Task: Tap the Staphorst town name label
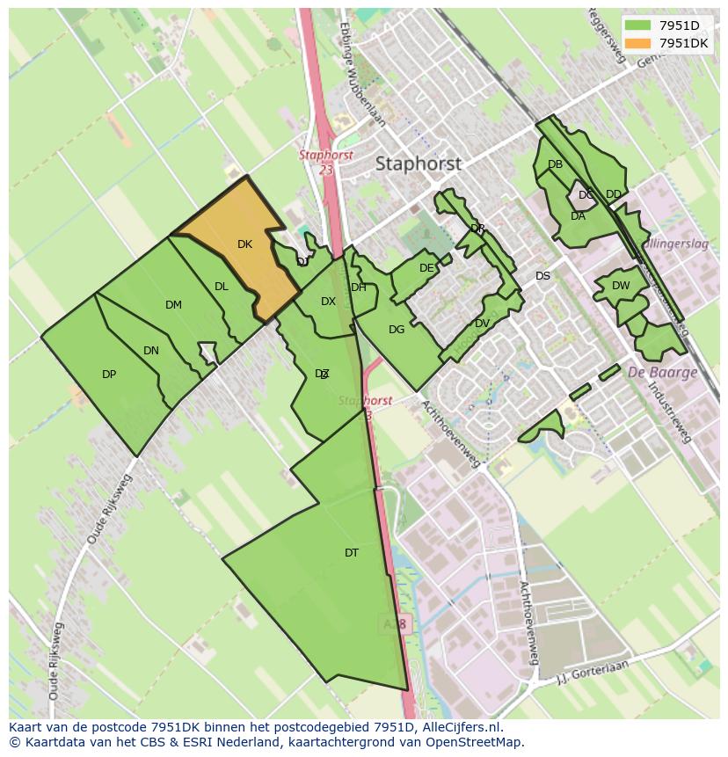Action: (x=418, y=164)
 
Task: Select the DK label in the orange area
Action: (x=244, y=244)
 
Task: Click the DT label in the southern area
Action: (x=352, y=553)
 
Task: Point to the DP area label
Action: (x=109, y=375)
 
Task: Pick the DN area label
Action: (x=151, y=351)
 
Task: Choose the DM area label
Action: (x=173, y=305)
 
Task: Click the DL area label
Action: (x=221, y=287)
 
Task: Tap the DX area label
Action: (x=328, y=302)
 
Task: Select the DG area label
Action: (x=397, y=330)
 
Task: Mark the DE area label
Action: (x=426, y=268)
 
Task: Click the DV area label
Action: (x=482, y=324)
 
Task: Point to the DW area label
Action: (x=621, y=286)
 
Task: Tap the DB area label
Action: (x=555, y=164)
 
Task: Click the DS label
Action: (x=542, y=276)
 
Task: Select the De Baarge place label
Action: (x=662, y=372)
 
